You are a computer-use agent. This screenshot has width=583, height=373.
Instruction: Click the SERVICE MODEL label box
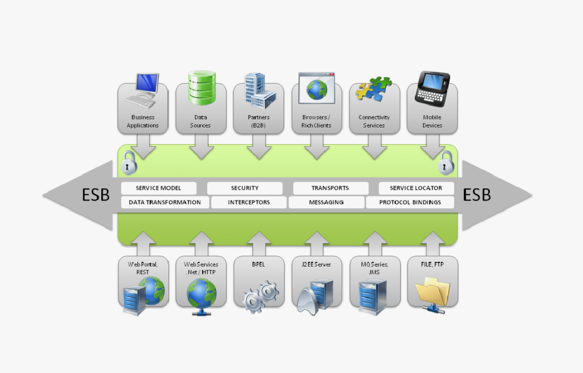[x=159, y=188]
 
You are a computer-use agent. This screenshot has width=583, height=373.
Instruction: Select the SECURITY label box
[x=245, y=188]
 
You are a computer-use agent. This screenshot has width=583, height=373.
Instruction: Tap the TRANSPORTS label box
[x=330, y=188]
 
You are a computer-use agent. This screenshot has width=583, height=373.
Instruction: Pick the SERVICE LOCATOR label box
[x=416, y=188]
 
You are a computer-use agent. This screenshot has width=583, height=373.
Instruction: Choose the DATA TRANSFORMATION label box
[x=165, y=202]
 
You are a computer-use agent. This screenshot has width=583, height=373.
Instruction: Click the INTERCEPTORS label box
[x=249, y=202]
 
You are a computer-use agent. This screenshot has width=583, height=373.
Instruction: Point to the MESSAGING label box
[x=326, y=202]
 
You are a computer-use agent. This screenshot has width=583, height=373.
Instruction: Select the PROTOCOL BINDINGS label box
[x=410, y=202]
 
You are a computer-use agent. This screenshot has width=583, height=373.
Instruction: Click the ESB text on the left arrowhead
[x=95, y=195]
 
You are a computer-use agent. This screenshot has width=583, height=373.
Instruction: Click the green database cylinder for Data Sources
[x=202, y=88]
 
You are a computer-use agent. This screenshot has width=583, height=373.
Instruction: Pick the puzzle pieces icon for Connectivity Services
[x=373, y=90]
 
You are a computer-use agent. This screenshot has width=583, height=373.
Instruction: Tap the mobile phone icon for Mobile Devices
[x=432, y=88]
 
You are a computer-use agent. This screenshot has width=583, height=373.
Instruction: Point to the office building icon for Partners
[x=260, y=91]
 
